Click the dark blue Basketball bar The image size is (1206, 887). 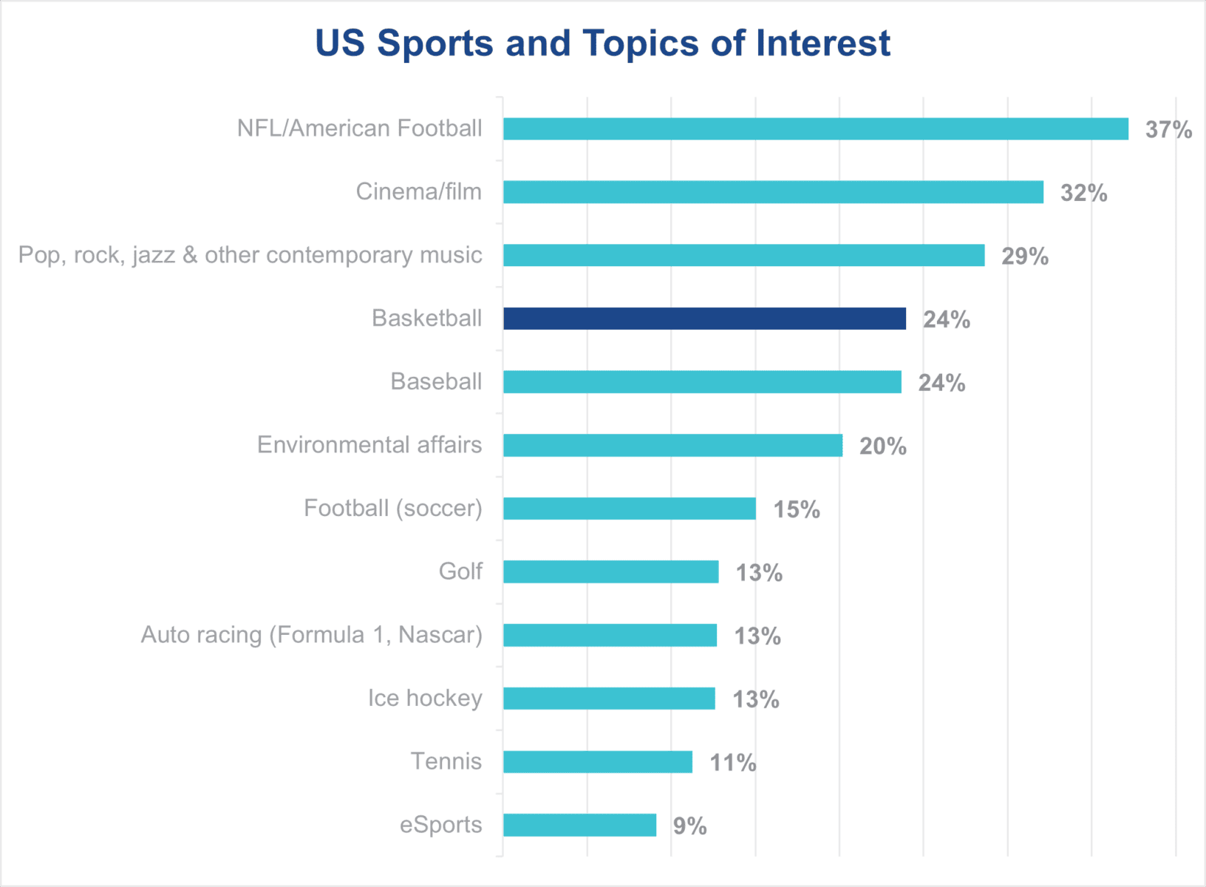point(704,319)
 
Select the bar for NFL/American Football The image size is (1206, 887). point(816,129)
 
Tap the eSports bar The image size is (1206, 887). point(579,825)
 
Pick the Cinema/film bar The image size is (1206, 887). point(773,192)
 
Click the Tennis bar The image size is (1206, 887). point(598,762)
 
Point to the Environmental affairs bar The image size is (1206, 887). point(672,445)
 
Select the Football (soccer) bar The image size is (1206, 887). point(630,509)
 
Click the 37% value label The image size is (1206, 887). point(1168,129)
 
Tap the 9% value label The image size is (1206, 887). point(689,826)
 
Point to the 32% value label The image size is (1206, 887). point(1083,193)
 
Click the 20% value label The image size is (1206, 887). point(882,446)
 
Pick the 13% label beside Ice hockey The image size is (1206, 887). point(755,699)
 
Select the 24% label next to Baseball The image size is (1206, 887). point(941,383)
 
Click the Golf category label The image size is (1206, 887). point(460,571)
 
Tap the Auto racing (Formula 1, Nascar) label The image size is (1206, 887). point(311,635)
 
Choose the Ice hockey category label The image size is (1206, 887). point(425,699)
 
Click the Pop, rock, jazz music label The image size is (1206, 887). point(250,255)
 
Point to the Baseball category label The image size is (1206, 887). point(436,381)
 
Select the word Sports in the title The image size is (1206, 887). point(435,43)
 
